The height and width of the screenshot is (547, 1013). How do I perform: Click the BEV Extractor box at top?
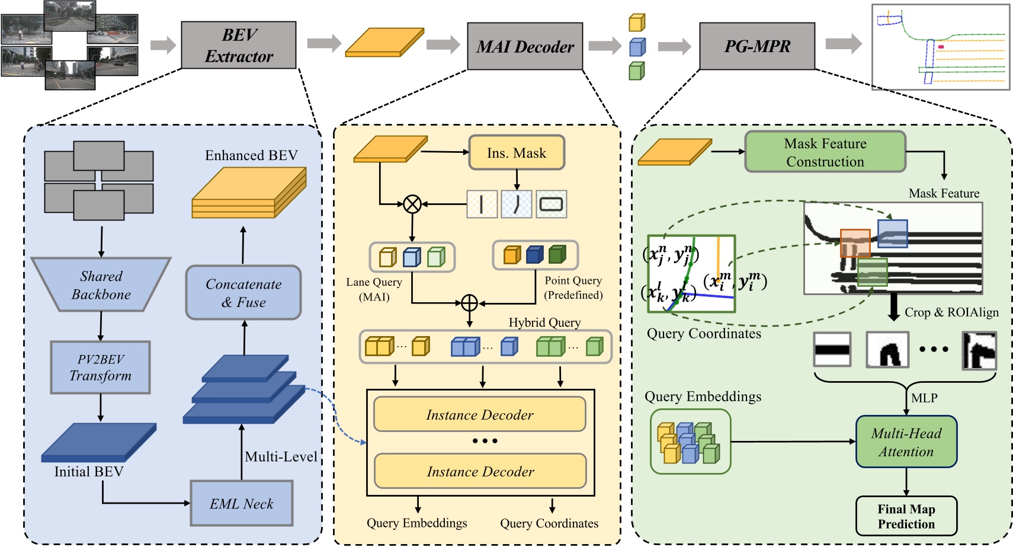tap(238, 45)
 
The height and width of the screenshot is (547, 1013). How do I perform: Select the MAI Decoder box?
tap(525, 46)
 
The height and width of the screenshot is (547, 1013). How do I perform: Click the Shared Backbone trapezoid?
tap(101, 285)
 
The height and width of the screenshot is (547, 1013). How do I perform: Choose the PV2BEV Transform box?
tap(100, 367)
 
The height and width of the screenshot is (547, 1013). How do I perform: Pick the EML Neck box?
tap(241, 504)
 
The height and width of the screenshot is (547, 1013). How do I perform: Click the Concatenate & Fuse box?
tap(243, 293)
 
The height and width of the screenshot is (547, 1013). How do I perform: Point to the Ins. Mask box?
tap(516, 153)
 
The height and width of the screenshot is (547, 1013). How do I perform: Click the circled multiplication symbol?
tap(412, 204)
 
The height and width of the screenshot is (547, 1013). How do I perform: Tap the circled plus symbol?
tap(469, 303)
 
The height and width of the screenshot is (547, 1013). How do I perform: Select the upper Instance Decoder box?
tap(480, 415)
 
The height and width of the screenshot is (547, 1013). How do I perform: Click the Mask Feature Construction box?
tap(825, 152)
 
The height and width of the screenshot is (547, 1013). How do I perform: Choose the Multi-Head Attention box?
tap(906, 442)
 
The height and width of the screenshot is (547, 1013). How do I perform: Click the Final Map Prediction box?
tap(906, 516)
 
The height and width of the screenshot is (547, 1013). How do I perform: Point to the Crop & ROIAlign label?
tap(951, 312)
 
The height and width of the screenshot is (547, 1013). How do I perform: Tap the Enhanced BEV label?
tap(251, 155)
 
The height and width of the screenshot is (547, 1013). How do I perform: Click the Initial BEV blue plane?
tap(98, 443)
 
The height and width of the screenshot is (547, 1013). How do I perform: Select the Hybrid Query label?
tap(544, 322)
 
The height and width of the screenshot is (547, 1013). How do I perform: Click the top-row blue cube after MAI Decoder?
tap(637, 47)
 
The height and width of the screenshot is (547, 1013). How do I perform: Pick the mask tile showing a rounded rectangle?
tap(552, 204)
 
